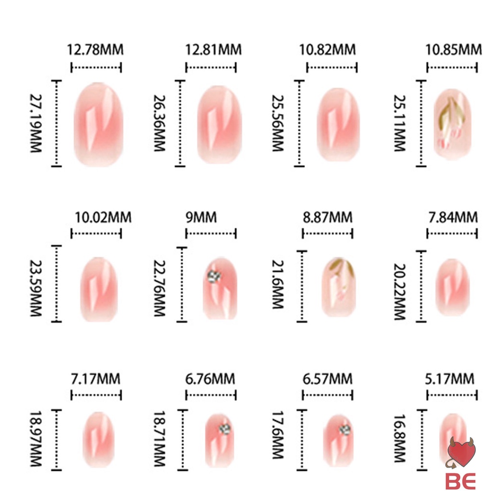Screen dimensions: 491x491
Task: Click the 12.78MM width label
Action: tap(95, 49)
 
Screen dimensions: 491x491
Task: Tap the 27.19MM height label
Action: tap(36, 123)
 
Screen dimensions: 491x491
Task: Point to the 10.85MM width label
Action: tap(453, 49)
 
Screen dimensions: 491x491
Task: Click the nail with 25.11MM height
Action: tap(453, 124)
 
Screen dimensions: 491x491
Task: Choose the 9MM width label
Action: tap(201, 218)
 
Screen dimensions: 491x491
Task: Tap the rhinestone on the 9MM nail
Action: tap(213, 276)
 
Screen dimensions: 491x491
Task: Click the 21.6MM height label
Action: tap(278, 284)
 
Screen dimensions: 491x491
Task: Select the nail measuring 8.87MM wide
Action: tap(339, 287)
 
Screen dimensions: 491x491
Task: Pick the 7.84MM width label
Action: tap(453, 217)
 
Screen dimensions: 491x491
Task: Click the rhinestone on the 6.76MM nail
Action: tap(225, 428)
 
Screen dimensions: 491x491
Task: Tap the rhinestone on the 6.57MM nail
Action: tap(344, 429)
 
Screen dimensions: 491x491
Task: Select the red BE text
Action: tap(460, 480)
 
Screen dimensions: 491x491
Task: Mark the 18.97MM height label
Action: tap(36, 439)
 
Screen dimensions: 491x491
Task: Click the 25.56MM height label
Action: tap(278, 123)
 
